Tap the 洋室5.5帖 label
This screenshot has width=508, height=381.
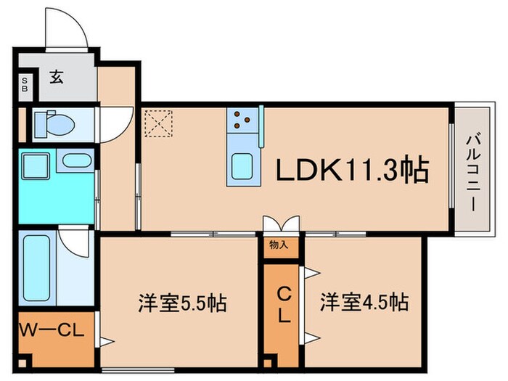tap(182, 302)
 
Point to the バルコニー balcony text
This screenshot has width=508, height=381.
tap(471, 170)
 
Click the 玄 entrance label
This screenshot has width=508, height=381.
tap(57, 77)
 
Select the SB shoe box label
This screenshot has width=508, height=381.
tap(25, 84)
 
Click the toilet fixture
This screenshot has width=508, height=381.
tap(54, 125)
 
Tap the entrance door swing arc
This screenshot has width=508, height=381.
tap(67, 29)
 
